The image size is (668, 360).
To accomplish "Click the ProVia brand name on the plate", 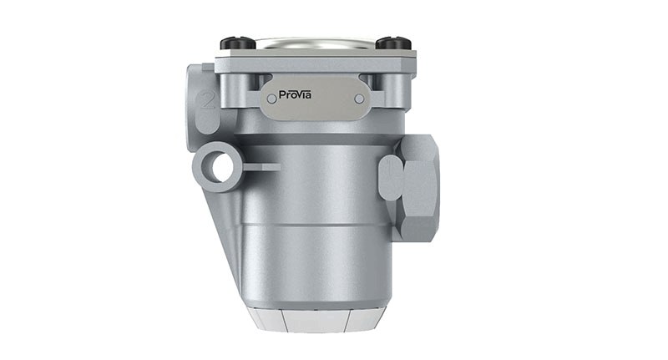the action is point(295,94).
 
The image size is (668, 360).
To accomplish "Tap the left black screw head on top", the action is point(238,43).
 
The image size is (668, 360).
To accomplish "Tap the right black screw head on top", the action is point(393,43).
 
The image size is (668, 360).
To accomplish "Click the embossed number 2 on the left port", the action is point(207,101).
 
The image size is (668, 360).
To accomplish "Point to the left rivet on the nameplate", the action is point(271,99).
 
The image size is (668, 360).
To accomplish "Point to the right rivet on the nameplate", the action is point(359,99).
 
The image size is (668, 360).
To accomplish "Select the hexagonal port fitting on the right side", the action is point(419,188).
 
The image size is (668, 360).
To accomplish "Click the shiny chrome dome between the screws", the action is point(316,43).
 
